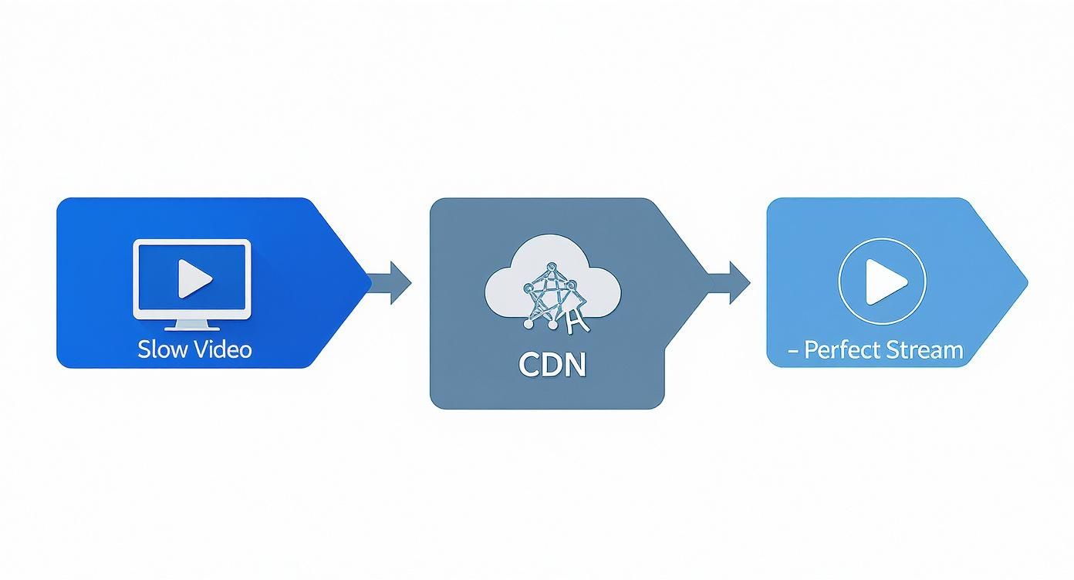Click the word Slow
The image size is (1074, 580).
163,349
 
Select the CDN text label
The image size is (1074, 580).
552,364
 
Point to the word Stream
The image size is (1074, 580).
924,350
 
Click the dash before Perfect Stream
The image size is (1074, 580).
793,351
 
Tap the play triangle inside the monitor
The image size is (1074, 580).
194,278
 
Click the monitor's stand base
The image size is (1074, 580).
192,328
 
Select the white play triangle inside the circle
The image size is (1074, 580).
883,282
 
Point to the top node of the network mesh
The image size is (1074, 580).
551,268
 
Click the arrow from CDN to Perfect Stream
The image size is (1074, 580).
731,282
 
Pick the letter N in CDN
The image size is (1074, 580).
575,364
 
